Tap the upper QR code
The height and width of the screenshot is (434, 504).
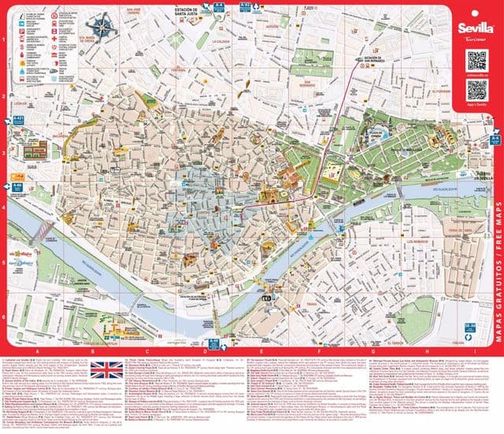click(x=477, y=60)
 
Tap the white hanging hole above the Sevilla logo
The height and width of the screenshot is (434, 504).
click(x=477, y=10)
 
